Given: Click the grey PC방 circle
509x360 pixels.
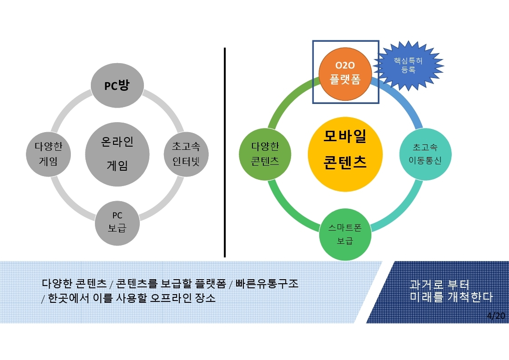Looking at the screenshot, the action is point(117,85).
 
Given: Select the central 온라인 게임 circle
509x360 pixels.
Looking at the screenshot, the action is point(117,154).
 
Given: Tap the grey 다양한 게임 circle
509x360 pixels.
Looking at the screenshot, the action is point(49,154).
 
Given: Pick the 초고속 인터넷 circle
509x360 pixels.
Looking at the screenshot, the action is point(186,154).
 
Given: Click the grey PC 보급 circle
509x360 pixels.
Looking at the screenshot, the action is point(117,223).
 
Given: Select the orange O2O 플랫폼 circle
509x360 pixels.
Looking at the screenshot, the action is point(345,74).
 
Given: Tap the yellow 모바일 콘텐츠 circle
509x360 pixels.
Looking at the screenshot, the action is point(345,154).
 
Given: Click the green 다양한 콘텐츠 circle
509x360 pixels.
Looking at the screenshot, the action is point(265,154).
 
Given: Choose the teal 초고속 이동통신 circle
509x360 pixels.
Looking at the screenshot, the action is point(425,154).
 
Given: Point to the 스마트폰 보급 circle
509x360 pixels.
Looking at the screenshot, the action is point(345,234).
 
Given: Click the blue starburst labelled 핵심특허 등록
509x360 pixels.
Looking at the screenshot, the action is point(408,65).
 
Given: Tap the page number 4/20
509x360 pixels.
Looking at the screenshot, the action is point(496,316).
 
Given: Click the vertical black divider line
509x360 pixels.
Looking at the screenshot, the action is point(225,153).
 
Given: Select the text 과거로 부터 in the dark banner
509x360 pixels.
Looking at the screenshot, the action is point(439,285).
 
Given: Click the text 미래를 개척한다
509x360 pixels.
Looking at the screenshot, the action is point(451,297).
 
